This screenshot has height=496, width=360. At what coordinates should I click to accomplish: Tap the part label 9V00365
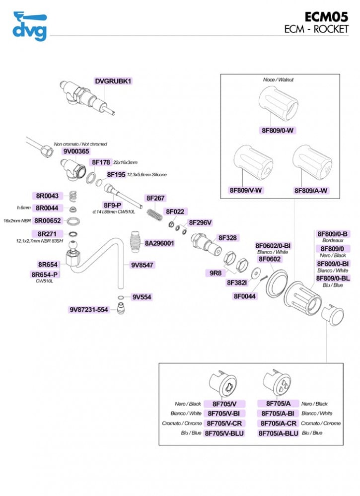(76, 151)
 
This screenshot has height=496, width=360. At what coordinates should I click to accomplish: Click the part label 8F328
(227, 238)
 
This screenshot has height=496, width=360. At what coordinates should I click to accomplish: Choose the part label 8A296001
(159, 243)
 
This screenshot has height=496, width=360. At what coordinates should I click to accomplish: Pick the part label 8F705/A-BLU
(279, 433)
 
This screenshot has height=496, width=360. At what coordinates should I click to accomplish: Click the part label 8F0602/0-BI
(273, 245)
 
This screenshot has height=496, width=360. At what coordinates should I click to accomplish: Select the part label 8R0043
(47, 196)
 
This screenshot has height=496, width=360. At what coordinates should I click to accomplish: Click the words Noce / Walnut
(279, 79)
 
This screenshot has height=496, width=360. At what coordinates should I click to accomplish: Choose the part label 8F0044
(245, 296)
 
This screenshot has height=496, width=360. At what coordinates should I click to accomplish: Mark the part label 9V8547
(142, 265)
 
